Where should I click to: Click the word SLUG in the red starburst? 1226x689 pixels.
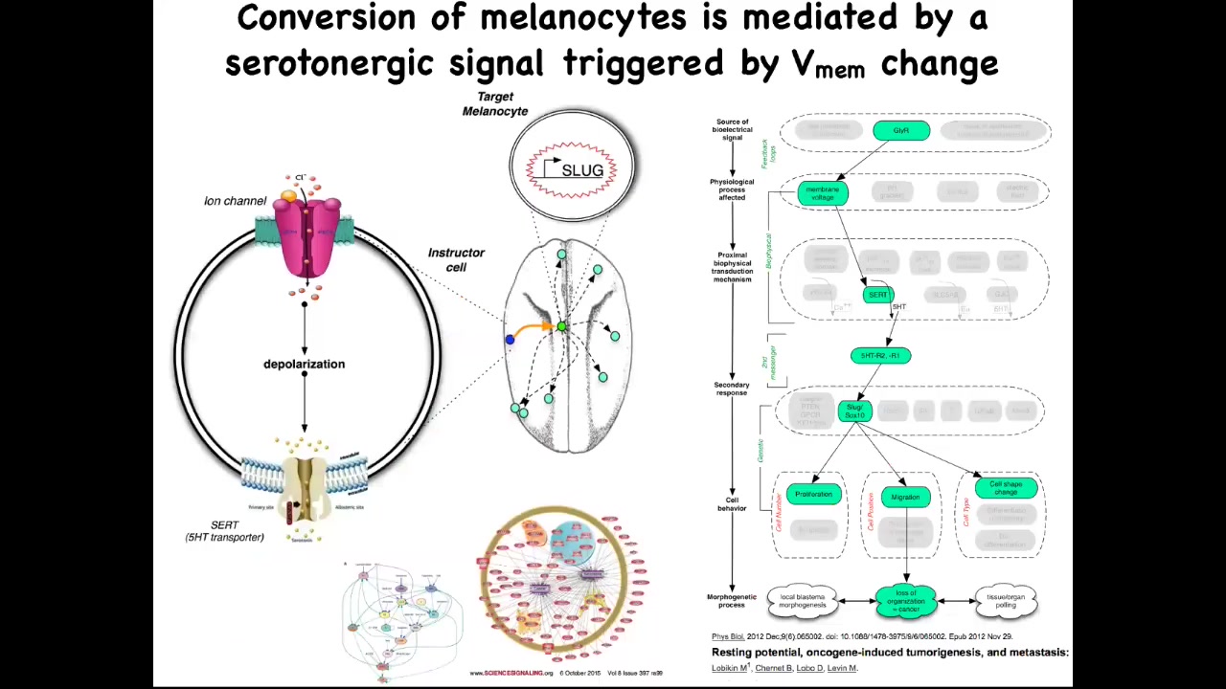[582, 170]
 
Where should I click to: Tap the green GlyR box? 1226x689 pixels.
[901, 130]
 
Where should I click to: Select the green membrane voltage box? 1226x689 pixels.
[823, 193]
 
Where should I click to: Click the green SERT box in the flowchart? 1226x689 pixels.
[878, 295]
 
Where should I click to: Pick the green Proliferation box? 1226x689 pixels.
[813, 494]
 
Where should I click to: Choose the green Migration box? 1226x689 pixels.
[905, 497]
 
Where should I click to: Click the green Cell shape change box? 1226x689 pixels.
[1005, 488]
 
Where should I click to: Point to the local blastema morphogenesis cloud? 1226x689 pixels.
[802, 601]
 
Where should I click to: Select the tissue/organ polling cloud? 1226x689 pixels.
[1006, 601]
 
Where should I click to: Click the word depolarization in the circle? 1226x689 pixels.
[304, 364]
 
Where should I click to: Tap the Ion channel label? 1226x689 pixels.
[235, 201]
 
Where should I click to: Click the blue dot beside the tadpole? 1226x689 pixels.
[510, 339]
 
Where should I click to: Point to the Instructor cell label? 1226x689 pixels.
[456, 259]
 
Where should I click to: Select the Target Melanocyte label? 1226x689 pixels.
[495, 103]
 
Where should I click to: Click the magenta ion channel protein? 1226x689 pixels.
[306, 234]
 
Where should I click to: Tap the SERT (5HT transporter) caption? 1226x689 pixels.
[224, 531]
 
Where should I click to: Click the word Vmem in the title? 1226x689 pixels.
[828, 65]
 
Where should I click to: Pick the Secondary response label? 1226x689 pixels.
[731, 389]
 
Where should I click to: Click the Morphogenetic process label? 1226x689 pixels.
[732, 601]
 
